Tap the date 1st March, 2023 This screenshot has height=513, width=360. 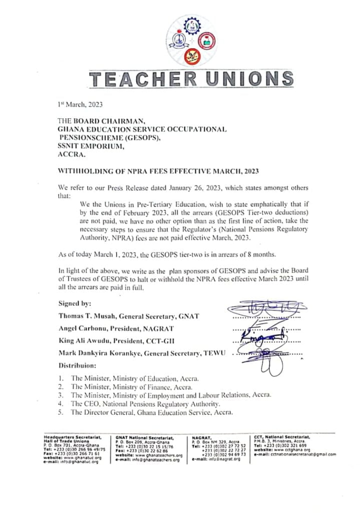click(x=81, y=105)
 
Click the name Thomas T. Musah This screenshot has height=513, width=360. click(x=87, y=316)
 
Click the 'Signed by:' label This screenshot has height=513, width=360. click(x=75, y=304)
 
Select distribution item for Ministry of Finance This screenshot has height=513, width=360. click(x=135, y=387)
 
